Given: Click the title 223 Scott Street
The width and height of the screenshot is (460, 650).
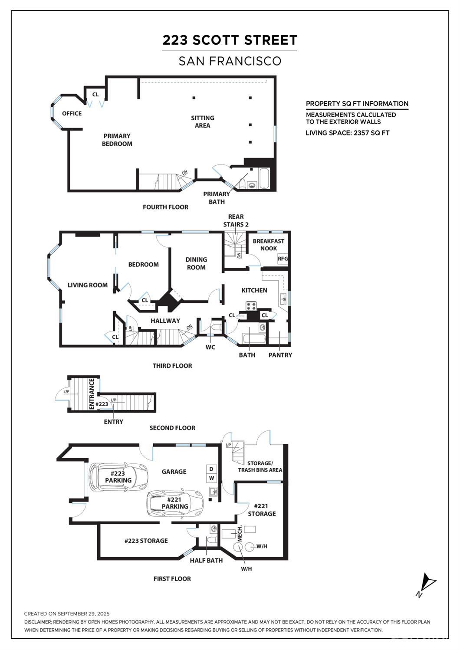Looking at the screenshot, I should [x=230, y=40].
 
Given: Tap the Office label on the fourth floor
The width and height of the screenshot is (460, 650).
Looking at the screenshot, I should [x=72, y=114].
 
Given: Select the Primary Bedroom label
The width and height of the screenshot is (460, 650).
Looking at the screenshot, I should [x=117, y=140].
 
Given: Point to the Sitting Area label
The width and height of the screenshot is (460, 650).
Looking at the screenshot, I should [x=202, y=121].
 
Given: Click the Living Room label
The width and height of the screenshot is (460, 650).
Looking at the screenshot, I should [x=87, y=285].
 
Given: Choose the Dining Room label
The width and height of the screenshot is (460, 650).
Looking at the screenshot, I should [x=196, y=263].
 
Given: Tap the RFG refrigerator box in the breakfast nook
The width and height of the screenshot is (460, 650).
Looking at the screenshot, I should [x=283, y=259].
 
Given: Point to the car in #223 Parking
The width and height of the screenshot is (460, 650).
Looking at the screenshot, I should [x=118, y=477].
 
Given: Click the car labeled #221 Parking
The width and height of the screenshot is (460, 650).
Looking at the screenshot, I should [x=175, y=503].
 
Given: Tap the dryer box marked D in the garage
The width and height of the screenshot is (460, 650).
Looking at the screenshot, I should [x=212, y=469].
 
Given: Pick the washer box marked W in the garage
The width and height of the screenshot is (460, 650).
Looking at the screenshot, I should [x=212, y=478].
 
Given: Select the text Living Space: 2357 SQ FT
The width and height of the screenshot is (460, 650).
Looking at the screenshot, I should [x=347, y=133].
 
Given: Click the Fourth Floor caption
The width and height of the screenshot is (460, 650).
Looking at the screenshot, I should [x=165, y=207].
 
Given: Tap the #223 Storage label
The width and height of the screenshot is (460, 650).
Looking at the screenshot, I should [x=146, y=541].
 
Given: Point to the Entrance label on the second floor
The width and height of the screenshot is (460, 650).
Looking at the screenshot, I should [x=92, y=394].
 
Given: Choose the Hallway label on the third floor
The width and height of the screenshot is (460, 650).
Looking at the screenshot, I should [x=165, y=321].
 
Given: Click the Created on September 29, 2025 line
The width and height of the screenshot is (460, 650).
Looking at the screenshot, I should [x=67, y=614].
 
